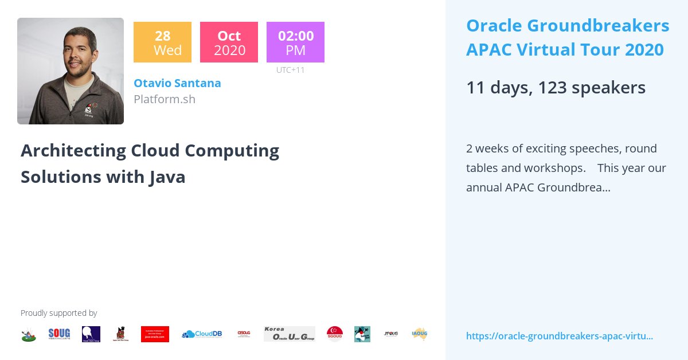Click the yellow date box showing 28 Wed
(x=162, y=42)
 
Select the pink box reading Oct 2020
(x=229, y=42)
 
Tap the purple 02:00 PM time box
(x=295, y=42)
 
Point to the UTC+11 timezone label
(x=290, y=70)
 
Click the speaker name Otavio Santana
(x=177, y=83)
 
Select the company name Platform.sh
(x=165, y=99)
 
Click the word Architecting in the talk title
(x=73, y=150)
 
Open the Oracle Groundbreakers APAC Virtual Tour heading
(x=567, y=38)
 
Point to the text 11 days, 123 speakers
(x=556, y=88)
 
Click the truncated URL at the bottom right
(x=559, y=336)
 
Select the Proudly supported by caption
(x=58, y=313)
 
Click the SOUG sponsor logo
(x=59, y=334)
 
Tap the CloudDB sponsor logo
(x=202, y=334)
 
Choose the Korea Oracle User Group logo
(x=289, y=334)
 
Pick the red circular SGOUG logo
(x=335, y=334)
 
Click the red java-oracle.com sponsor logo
(x=155, y=334)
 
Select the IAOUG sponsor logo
(x=420, y=334)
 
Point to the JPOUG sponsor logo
(x=391, y=334)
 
